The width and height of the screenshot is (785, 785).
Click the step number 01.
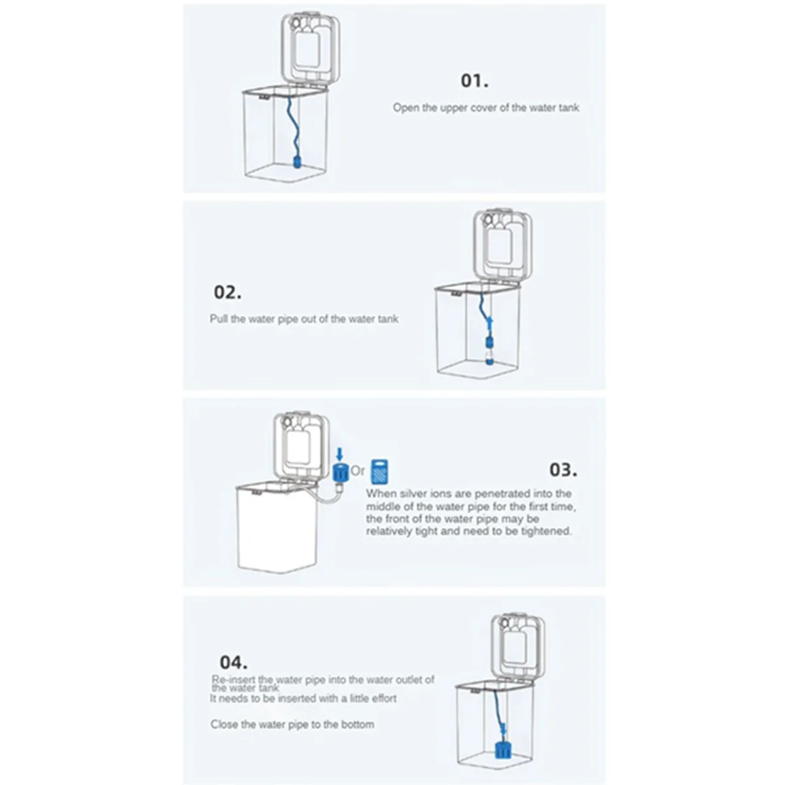click(x=474, y=81)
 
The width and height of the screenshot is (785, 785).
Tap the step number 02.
click(x=227, y=292)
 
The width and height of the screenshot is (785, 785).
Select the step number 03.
click(x=563, y=470)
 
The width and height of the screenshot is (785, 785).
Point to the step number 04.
click(x=233, y=661)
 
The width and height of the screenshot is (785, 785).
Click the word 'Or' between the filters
click(x=358, y=470)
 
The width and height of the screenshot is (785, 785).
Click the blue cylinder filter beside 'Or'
click(x=339, y=472)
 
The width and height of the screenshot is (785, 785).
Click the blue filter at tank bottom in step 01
click(x=296, y=160)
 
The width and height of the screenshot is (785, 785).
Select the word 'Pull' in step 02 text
click(x=218, y=319)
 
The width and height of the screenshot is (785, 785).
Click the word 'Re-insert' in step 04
click(x=234, y=680)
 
